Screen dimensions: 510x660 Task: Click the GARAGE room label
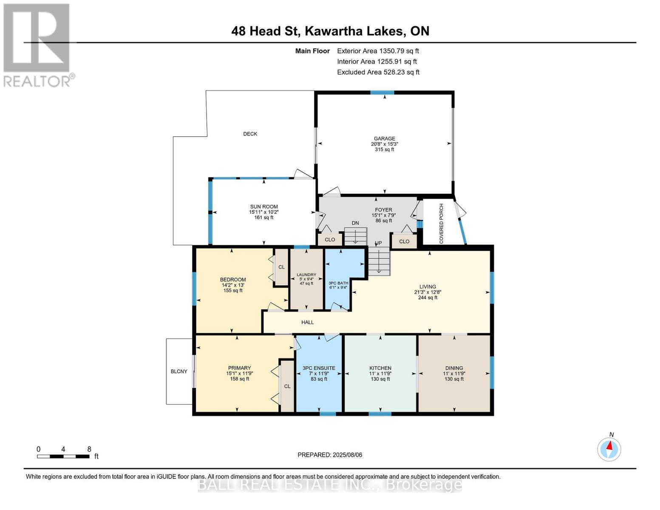tap(384, 139)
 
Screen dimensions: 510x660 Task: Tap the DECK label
tap(250, 134)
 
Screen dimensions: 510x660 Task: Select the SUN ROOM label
tap(263, 207)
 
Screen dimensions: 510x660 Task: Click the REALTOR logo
tap(37, 45)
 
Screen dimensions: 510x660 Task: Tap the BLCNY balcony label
tap(179, 371)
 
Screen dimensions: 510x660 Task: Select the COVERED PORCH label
tap(441, 224)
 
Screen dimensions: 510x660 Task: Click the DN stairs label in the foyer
tap(355, 223)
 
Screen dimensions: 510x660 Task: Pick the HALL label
tap(307, 322)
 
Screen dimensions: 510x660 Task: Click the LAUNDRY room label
tap(306, 275)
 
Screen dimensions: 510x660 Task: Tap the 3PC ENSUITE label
tap(319, 368)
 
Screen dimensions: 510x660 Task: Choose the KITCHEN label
tap(380, 368)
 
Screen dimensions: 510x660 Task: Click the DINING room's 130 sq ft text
tap(454, 379)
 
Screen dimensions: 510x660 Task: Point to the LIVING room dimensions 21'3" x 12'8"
tap(428, 292)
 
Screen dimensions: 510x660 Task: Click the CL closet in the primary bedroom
tap(287, 386)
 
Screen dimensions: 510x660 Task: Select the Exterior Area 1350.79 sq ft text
tap(378, 51)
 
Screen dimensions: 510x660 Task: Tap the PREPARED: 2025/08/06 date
tap(330, 455)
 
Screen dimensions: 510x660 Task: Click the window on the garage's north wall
tap(382, 93)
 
